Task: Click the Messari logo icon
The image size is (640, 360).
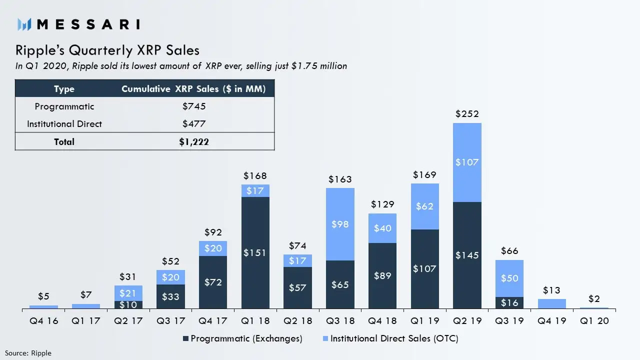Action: click(24, 24)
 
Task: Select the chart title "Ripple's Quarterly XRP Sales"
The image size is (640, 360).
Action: click(107, 50)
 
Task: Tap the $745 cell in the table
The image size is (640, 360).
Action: click(194, 106)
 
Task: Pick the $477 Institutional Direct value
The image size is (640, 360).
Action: click(194, 123)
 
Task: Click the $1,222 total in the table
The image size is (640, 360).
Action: click(194, 141)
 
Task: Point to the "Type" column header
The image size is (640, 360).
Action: click(64, 89)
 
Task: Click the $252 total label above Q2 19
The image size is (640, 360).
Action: click(467, 114)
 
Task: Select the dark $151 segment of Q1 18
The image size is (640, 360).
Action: click(255, 252)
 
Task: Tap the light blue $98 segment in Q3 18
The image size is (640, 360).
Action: click(340, 224)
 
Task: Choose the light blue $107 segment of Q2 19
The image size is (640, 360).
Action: click(467, 162)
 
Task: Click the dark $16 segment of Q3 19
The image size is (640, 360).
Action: click(509, 303)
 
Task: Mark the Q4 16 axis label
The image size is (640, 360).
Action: click(43, 321)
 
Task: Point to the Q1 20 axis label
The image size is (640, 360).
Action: click(594, 321)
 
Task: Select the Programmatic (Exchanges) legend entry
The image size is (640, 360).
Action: click(242, 338)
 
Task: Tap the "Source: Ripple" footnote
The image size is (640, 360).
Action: click(28, 353)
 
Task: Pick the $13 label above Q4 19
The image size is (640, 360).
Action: click(551, 290)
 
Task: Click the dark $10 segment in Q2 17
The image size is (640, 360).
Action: click(128, 304)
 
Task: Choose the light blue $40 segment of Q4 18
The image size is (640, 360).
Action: click(382, 228)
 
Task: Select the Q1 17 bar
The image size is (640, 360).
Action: click(86, 306)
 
